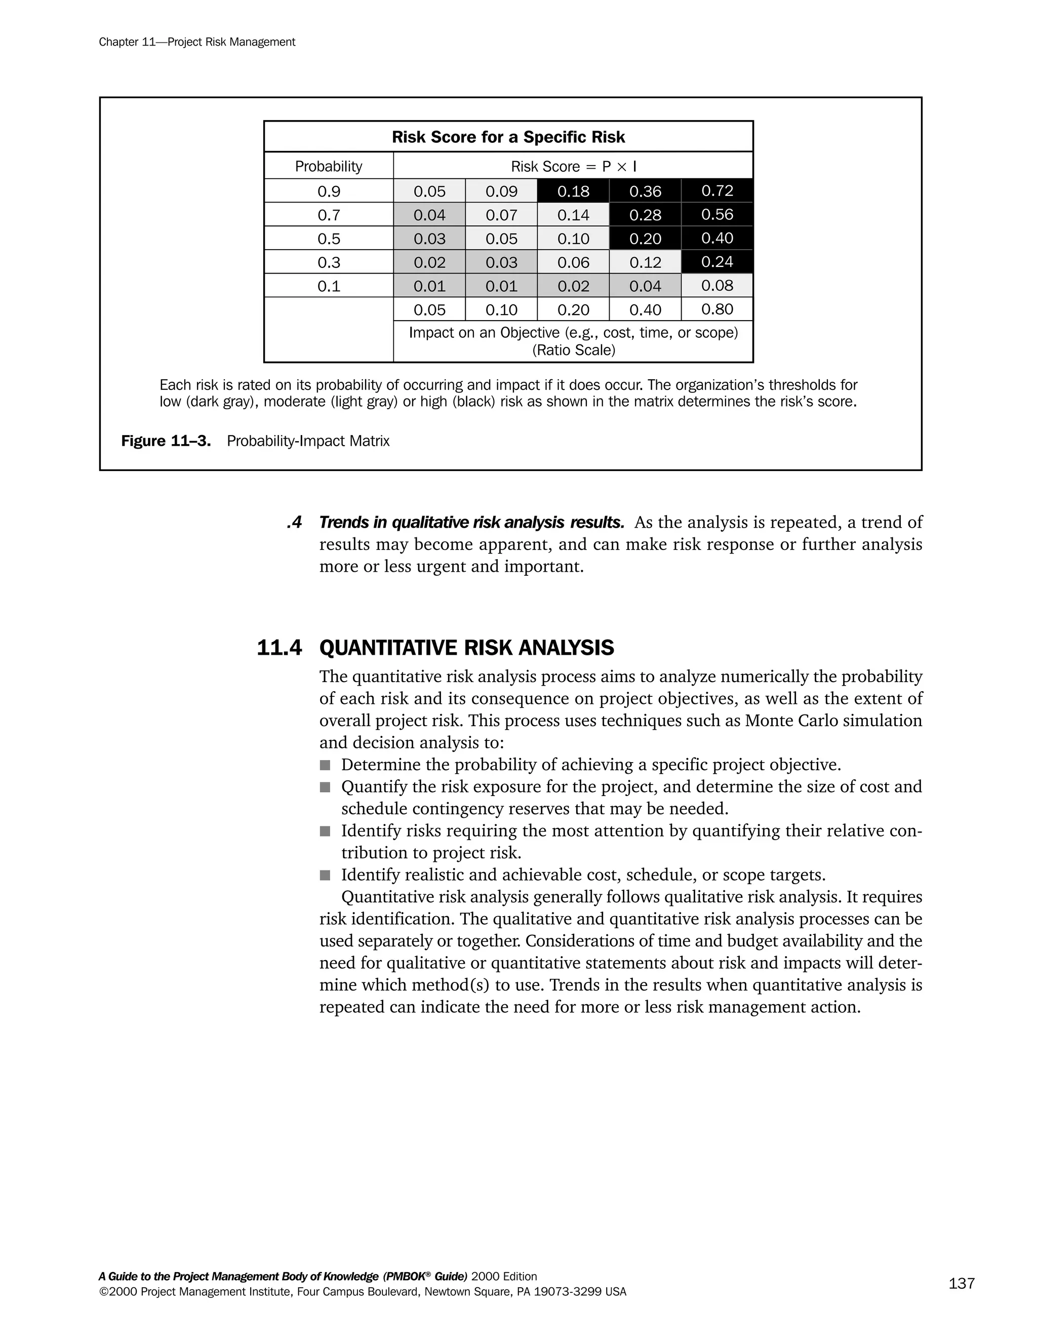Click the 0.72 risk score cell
coord(717,191)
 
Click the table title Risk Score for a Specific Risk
coord(508,137)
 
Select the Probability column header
coord(329,167)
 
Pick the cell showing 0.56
coord(717,214)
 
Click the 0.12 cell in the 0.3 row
coord(645,262)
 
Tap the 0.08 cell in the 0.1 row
coord(717,286)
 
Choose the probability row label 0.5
coord(329,239)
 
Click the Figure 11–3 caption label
coord(166,441)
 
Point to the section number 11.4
coord(280,648)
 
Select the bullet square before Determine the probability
coord(325,766)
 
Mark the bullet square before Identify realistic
coord(325,876)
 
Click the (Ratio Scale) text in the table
coord(573,350)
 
